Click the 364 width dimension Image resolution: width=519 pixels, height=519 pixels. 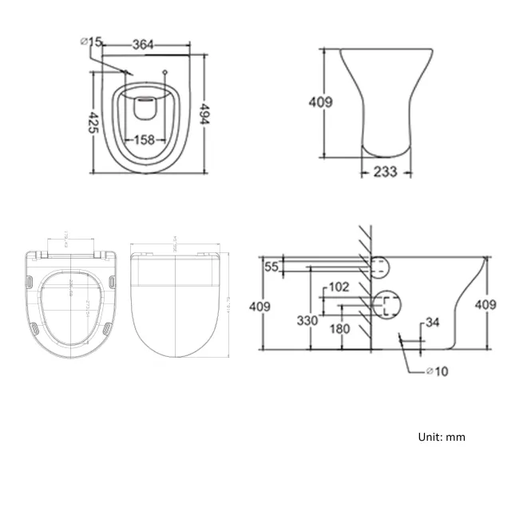click(x=143, y=46)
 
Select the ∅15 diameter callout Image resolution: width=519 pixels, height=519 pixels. click(x=90, y=42)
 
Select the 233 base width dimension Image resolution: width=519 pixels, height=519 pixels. click(x=386, y=171)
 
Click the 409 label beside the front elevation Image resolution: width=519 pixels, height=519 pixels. click(x=320, y=102)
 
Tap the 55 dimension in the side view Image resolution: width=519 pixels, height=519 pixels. click(x=271, y=267)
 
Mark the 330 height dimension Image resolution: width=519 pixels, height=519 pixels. click(x=307, y=320)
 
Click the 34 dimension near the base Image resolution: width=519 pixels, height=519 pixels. click(x=431, y=323)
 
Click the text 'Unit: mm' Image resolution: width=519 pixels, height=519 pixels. click(x=441, y=437)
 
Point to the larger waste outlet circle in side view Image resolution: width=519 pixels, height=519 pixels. click(x=388, y=304)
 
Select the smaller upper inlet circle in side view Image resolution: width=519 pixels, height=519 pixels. click(x=382, y=266)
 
